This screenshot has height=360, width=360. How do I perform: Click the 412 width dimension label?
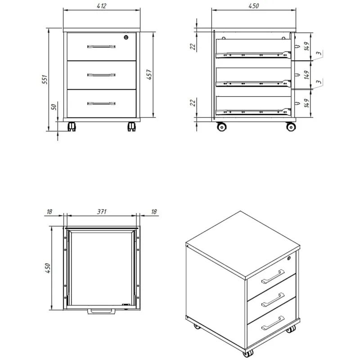tap(102, 6)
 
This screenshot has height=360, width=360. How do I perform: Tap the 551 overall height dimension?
tap(45, 79)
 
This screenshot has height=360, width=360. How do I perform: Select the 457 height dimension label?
tap(149, 74)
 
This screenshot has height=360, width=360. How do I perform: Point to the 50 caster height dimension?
tap(54, 107)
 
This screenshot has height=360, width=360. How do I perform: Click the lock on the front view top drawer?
tap(126, 37)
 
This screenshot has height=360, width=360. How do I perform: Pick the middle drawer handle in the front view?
tap(101, 75)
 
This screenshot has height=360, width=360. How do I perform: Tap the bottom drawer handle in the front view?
tap(101, 103)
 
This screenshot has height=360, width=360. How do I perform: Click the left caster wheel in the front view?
tap(72, 126)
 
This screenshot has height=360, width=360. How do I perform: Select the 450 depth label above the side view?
tap(254, 6)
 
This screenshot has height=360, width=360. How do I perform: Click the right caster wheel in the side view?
tap(291, 126)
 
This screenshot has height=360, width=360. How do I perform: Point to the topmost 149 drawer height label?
tap(306, 46)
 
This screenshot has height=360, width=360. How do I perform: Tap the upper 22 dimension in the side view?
tap(193, 46)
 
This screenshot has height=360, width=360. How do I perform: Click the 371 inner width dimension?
tap(102, 211)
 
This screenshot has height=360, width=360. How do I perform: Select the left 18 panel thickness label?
tap(49, 211)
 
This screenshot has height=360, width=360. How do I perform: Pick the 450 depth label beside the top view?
tap(48, 268)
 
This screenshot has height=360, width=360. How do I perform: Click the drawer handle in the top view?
tap(101, 311)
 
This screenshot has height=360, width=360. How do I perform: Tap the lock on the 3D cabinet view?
tap(289, 258)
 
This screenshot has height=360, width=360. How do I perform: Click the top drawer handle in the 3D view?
tap(273, 276)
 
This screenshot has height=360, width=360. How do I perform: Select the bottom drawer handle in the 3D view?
tap(273, 323)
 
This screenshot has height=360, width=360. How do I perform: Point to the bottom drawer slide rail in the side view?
tap(253, 112)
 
